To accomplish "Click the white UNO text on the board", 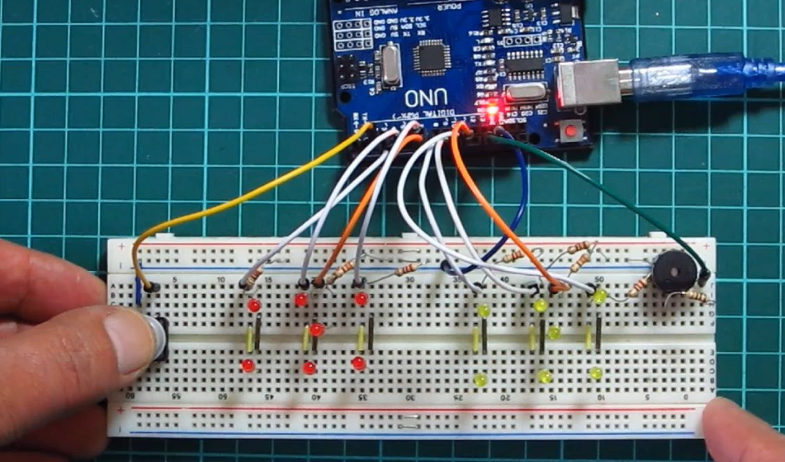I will (421, 98).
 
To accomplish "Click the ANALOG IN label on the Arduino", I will (351, 15).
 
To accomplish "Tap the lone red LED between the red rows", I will (317, 329).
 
